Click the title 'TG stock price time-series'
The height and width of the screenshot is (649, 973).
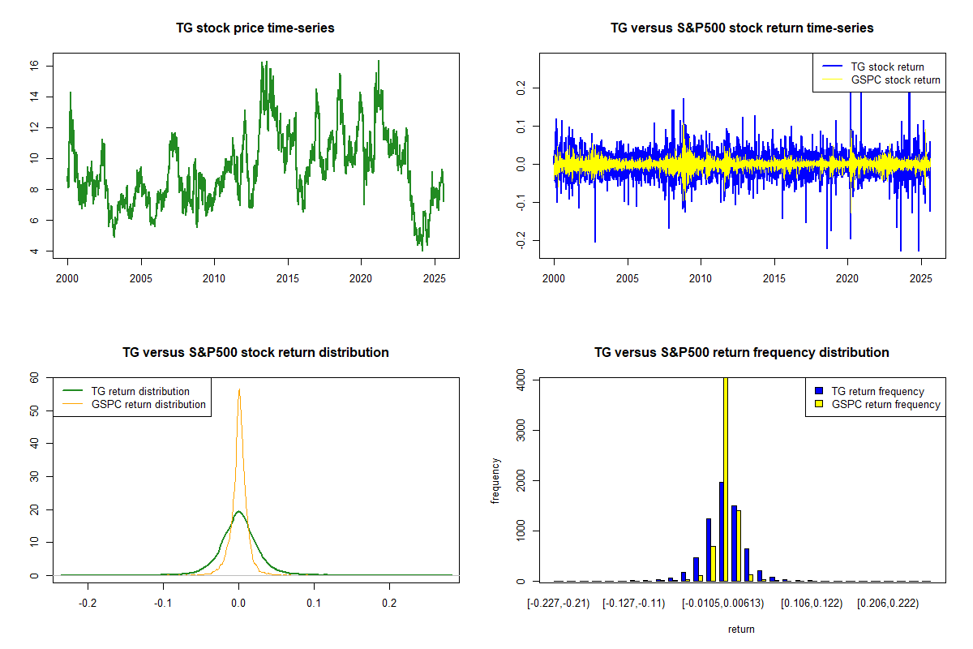[255, 28]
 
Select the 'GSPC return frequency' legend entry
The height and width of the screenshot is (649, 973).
[884, 404]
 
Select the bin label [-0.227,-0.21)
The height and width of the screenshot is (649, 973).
[558, 604]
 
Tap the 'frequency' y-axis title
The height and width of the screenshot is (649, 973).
[495, 480]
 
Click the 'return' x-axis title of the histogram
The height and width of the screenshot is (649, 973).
[741, 629]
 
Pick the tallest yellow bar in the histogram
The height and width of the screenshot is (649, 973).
[725, 479]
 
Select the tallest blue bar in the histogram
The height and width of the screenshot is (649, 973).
[721, 531]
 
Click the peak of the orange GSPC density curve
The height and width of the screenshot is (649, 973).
[239, 390]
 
